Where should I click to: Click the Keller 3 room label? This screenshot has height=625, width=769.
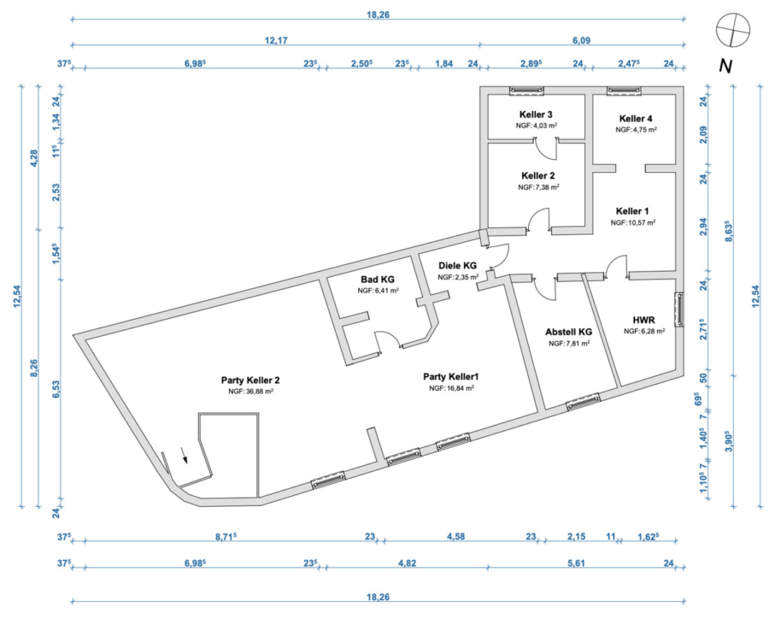coord(536,115)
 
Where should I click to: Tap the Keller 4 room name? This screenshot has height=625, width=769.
coord(636,118)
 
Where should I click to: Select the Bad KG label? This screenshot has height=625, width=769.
coord(378,279)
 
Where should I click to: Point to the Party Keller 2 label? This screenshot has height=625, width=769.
coord(250,380)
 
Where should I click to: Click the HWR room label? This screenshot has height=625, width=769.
coord(644,320)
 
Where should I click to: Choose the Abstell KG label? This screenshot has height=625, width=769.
coord(568,332)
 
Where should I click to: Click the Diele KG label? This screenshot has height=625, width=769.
coord(457,265)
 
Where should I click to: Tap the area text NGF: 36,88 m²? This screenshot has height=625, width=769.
coord(250,392)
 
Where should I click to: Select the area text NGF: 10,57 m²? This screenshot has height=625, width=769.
coord(632,222)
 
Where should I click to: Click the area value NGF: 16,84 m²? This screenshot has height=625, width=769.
coord(451,388)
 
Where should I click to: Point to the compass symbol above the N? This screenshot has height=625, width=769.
coord(733,30)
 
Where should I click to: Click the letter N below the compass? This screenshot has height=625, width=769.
coord(725,66)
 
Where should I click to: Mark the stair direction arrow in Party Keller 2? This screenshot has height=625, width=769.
coord(184,455)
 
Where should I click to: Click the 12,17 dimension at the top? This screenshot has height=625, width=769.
coord(276,40)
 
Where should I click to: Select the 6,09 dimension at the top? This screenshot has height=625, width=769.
coord(582,40)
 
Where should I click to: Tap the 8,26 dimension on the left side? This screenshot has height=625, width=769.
coord(34,368)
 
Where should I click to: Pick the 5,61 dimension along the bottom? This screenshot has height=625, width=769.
coord(576,563)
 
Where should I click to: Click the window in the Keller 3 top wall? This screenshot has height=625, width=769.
coord(526,91)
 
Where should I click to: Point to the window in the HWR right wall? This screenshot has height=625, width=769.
coord(680,309)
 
